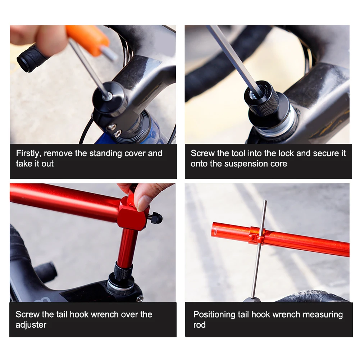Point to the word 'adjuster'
tap(31, 325)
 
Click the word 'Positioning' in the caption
tap(214, 315)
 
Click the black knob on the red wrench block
tap(156, 218)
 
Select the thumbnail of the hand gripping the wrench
tap(144, 196)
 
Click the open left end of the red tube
tap(215, 230)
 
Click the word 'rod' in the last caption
tap(199, 325)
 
